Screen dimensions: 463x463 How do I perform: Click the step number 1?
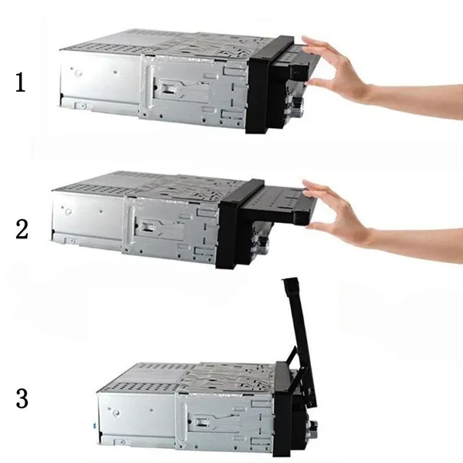pyautogui.click(x=20, y=83)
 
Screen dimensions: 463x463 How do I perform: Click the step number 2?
pyautogui.click(x=22, y=229)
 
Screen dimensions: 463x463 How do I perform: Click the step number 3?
pyautogui.click(x=22, y=398)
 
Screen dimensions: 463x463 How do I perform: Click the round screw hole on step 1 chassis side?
pyautogui.click(x=79, y=72)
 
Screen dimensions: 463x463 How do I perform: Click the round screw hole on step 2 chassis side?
pyautogui.click(x=69, y=211)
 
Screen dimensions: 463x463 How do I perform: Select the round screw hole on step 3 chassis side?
pyautogui.click(x=117, y=412)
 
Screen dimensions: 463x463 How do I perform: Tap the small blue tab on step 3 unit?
pyautogui.click(x=94, y=425)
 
